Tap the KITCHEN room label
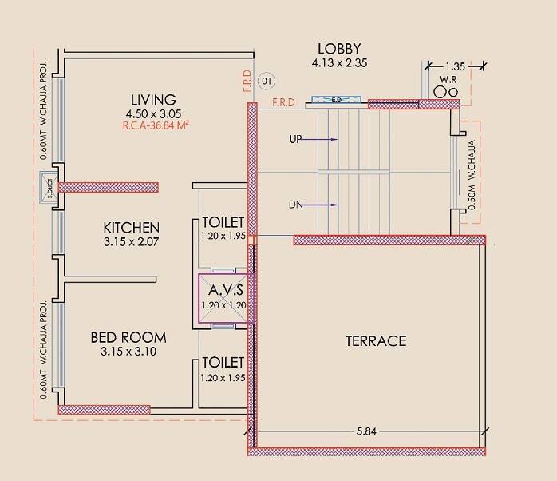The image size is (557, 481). tap(131, 228)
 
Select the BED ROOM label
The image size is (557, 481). tap(128, 338)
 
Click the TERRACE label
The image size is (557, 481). tap(376, 341)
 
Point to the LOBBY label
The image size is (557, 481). tap(339, 49)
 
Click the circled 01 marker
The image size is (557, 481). tap(267, 80)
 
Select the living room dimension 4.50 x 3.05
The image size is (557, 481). tap(149, 113)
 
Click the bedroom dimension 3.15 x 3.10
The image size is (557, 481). tap(128, 352)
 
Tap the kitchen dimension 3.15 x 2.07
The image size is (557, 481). tap(131, 241)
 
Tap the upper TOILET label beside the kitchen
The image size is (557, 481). tap(223, 222)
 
